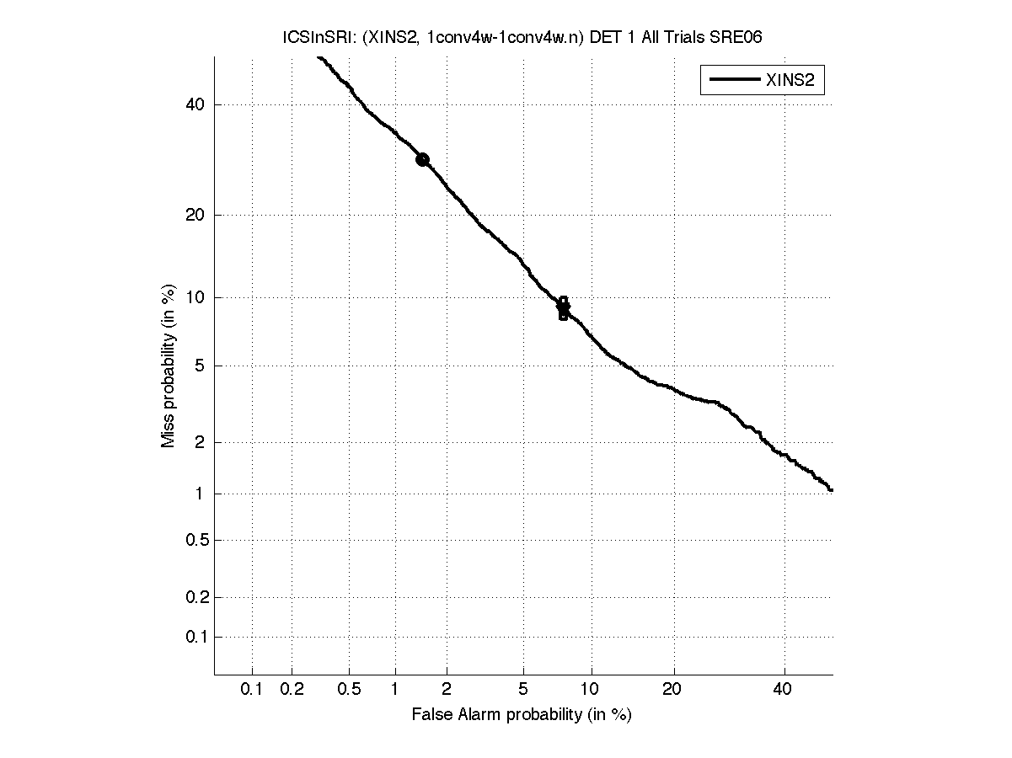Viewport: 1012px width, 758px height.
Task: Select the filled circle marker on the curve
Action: tap(422, 159)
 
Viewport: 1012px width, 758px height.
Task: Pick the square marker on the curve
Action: tap(563, 308)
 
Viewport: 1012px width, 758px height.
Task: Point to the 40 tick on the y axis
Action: tap(195, 104)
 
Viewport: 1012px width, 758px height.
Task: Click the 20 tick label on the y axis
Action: tap(195, 215)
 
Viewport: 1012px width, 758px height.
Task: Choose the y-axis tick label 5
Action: tap(201, 366)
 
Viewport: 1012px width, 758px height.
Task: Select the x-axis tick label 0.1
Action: tap(252, 690)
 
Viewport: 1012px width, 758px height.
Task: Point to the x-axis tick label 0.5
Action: tap(350, 690)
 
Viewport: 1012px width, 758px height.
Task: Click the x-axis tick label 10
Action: tap(592, 690)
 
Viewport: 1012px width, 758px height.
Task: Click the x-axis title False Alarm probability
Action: tap(521, 715)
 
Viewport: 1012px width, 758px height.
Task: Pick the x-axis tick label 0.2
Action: tap(292, 690)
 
